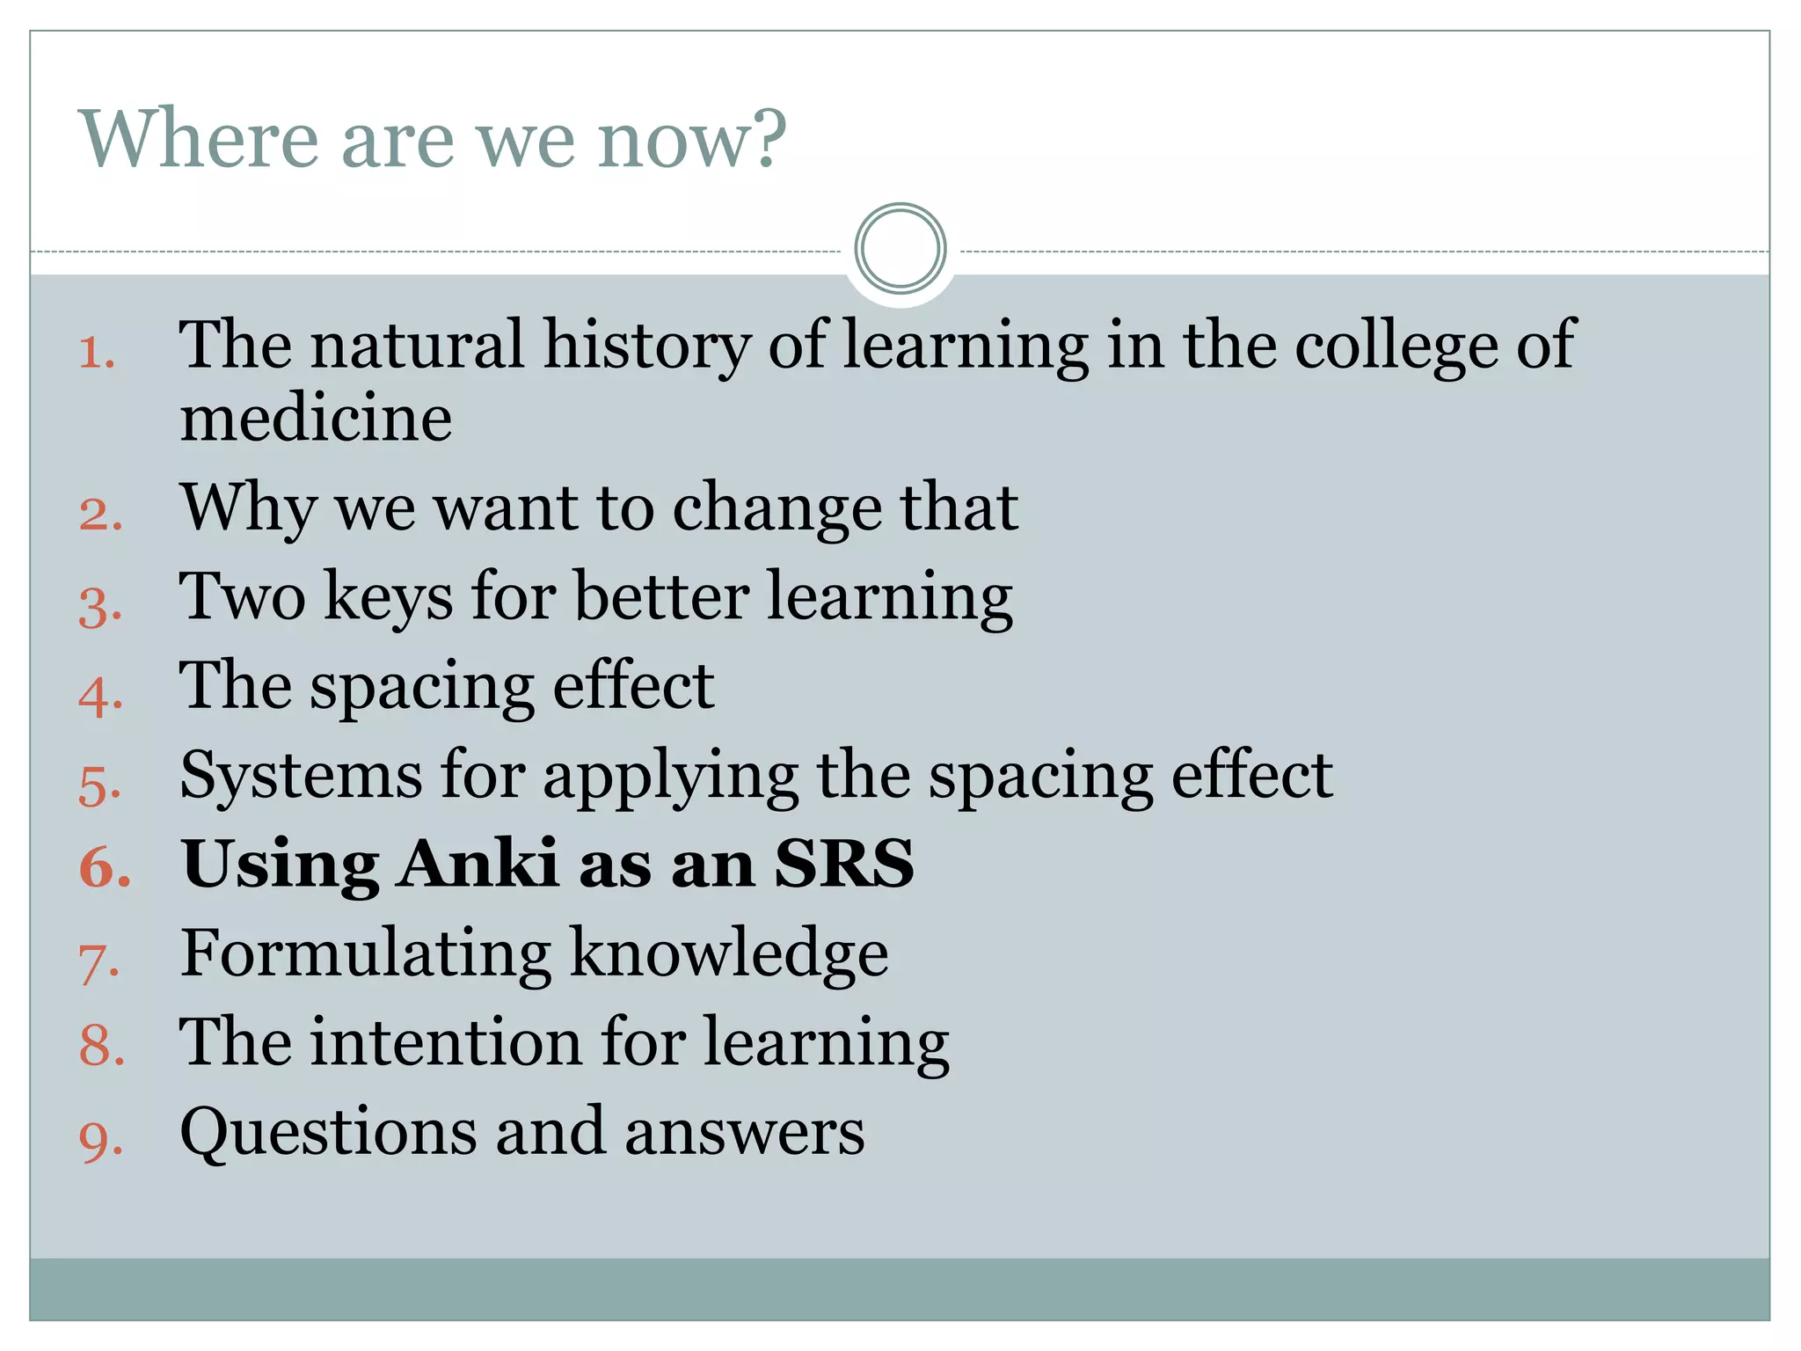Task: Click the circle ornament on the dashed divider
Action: point(900,249)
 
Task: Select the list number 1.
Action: point(96,354)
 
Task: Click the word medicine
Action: point(316,418)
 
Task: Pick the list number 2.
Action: point(99,514)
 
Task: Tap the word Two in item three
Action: point(243,597)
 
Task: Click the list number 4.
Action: point(99,696)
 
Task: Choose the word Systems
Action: point(301,777)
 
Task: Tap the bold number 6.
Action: point(104,867)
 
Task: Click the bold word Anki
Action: point(478,864)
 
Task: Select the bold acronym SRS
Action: point(844,864)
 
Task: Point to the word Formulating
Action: point(365,955)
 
